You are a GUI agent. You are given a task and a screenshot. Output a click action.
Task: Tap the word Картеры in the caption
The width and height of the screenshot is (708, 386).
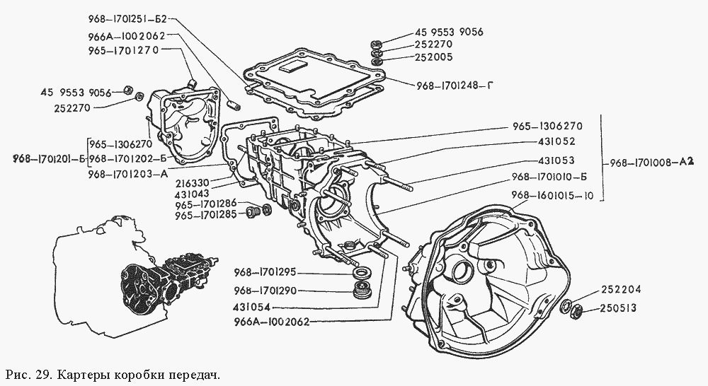pyautogui.click(x=83, y=373)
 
